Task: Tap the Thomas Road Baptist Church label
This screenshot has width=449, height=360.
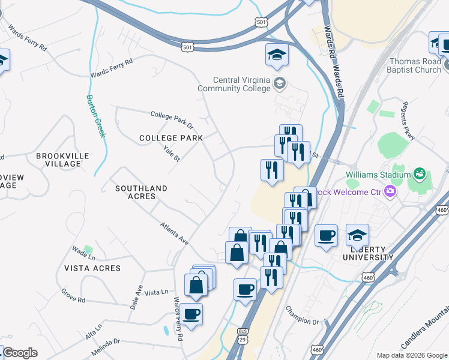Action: coord(415,65)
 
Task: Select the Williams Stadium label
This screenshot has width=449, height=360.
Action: coord(376,175)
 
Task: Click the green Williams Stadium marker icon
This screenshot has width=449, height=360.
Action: coord(420,175)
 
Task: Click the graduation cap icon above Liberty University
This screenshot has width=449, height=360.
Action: coord(357,235)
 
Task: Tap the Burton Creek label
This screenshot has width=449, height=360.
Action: coord(96,116)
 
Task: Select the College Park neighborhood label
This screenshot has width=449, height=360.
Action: coord(171,138)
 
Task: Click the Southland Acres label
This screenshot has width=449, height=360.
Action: coord(141,192)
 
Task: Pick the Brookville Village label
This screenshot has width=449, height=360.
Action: coord(62,160)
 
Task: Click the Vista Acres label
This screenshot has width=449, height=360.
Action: coord(94,268)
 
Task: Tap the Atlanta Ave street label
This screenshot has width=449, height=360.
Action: coord(174,233)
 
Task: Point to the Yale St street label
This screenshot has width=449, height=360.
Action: coord(172,154)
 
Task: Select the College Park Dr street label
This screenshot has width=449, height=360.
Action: coord(172,119)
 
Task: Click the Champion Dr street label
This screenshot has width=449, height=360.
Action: coord(302,313)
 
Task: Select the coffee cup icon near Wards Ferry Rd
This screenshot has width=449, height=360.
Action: coord(191,314)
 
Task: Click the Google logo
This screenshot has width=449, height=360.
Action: coord(20,353)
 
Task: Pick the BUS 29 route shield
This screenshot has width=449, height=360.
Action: coord(243,335)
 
